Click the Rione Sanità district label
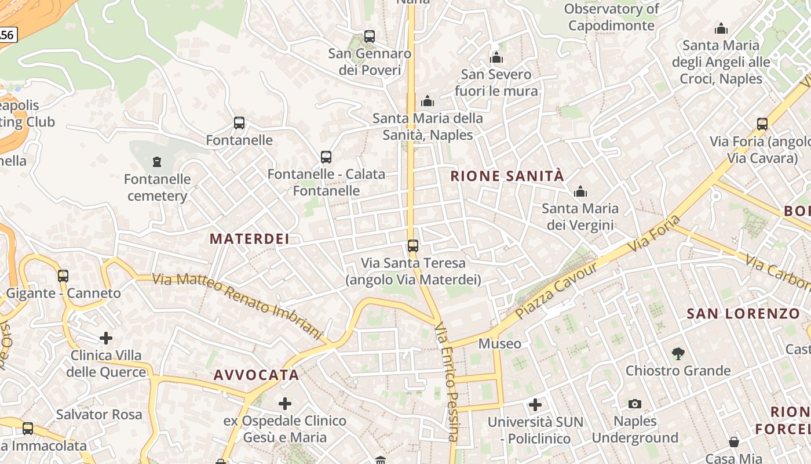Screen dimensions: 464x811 tap(507, 176)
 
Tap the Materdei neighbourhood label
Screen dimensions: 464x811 tap(249, 239)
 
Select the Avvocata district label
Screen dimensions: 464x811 tap(256, 375)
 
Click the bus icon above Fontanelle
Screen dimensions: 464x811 tap(239, 123)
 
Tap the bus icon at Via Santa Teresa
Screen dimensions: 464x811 tap(412, 246)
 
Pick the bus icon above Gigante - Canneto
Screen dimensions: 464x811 tap(63, 276)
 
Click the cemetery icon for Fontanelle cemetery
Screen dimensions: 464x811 tap(156, 161)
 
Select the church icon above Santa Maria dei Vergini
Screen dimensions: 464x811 tap(580, 191)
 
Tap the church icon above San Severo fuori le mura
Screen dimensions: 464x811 tap(496, 57)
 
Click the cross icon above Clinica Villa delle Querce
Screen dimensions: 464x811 tap(105, 338)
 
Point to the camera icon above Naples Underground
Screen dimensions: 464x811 tap(634, 404)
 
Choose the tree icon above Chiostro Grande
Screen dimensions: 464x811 tap(678, 353)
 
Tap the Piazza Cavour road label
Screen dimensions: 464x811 tap(556, 290)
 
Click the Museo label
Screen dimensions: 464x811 tap(499, 344)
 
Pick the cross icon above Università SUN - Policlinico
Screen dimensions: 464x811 tap(535, 404)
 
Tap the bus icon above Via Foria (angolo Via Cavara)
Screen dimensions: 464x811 tap(762, 124)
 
